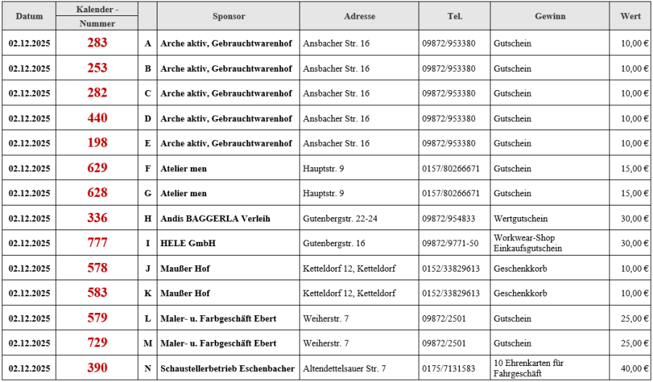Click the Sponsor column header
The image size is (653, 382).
[x=229, y=16]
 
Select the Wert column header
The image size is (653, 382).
[x=630, y=16]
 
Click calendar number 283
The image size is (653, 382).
[x=97, y=43]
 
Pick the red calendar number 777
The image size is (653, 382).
[x=97, y=243]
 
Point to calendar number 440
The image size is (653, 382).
[x=97, y=118]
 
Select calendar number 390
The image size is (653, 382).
[x=97, y=368]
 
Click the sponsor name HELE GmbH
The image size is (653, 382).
[x=188, y=243]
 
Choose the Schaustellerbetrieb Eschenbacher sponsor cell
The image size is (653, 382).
[x=227, y=368]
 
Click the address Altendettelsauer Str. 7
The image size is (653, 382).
[x=345, y=368]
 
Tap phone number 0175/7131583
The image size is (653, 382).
[x=449, y=368]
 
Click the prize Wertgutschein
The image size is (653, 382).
[x=520, y=219]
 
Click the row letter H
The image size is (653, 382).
[x=148, y=219]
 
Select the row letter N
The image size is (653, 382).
[x=148, y=368]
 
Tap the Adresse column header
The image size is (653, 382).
[x=360, y=16]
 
